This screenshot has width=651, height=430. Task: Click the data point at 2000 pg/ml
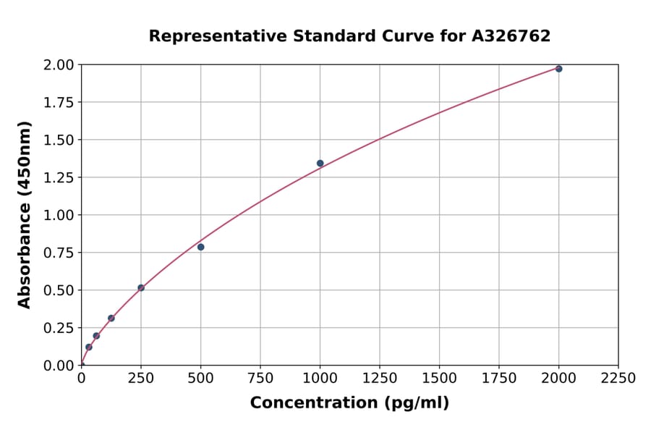(558, 69)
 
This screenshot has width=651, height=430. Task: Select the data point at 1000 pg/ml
(320, 164)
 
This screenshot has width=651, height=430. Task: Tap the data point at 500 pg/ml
(200, 247)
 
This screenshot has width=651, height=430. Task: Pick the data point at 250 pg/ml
(141, 288)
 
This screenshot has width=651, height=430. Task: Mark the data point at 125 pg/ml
(111, 318)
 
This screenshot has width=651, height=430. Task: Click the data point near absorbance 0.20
(96, 336)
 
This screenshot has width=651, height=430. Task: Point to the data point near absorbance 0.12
(89, 347)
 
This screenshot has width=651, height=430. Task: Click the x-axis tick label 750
(260, 379)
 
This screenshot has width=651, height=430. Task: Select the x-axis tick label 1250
(380, 379)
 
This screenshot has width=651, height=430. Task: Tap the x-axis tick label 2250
(618, 379)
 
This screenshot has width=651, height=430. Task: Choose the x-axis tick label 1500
(439, 379)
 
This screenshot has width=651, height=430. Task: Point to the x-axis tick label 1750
(498, 379)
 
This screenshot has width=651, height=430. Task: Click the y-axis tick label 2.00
(58, 65)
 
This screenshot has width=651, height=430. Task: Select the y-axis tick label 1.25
(58, 177)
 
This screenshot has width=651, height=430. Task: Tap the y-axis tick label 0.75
(58, 253)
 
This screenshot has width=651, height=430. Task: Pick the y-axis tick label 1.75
(58, 103)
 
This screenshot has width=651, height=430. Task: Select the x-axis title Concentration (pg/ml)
(349, 403)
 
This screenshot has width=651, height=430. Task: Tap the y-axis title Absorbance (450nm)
(25, 215)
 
